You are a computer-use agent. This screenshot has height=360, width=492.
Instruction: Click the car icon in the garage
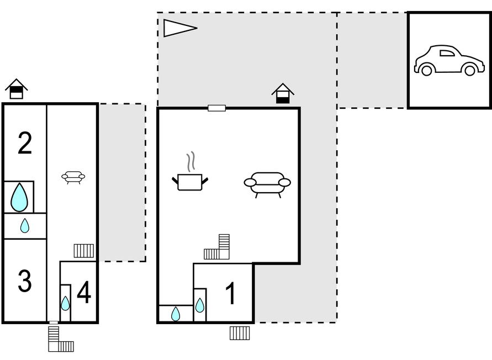tap(448, 61)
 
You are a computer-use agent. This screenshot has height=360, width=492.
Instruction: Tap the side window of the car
tap(447, 53)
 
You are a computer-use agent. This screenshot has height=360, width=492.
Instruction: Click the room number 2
tap(25, 144)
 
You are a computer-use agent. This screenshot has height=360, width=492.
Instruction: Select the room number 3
tap(25, 282)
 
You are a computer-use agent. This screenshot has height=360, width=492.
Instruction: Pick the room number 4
tap(84, 293)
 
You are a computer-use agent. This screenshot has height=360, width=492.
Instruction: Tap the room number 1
tap(231, 294)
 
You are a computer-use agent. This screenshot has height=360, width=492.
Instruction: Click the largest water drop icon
tap(19, 197)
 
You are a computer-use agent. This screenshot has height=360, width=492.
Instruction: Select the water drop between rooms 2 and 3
tap(25, 225)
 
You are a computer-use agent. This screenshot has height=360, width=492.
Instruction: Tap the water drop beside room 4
tap(65, 303)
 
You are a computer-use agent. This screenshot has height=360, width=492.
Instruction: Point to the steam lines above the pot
tap(191, 161)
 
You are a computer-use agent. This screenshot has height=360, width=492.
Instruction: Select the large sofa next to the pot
tap(267, 183)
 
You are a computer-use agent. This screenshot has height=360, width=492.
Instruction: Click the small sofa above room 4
tap(73, 177)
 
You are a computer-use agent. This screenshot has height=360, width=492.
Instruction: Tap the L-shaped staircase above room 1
tap(218, 248)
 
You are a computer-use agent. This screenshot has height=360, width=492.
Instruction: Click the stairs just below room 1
tap(240, 333)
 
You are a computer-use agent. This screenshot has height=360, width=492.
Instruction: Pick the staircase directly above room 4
tap(83, 251)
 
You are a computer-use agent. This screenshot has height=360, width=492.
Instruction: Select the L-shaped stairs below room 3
tap(59, 341)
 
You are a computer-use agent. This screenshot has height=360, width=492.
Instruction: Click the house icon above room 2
tap(17, 89)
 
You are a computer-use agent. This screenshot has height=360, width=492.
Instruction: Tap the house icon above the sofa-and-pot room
tap(283, 93)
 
